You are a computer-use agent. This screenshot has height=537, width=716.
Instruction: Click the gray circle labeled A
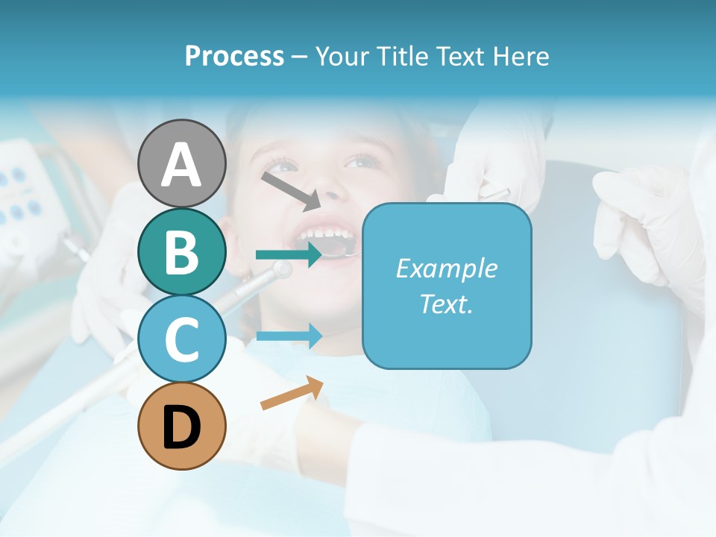pos(181,163)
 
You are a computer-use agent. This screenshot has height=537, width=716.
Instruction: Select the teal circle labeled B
pos(181,251)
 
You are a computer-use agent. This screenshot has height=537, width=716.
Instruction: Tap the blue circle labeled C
pos(181,339)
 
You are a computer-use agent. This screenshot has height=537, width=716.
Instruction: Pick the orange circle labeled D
pos(181,426)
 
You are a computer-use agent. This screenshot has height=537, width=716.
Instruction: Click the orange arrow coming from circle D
pos(292,393)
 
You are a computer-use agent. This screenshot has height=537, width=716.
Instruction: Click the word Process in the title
pos(234,56)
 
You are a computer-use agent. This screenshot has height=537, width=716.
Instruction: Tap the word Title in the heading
pos(402,56)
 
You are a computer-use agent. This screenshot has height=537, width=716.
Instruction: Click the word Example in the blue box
pos(447,268)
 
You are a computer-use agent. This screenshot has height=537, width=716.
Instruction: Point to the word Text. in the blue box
pos(447,304)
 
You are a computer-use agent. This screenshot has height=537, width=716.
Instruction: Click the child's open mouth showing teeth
pos(328,239)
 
